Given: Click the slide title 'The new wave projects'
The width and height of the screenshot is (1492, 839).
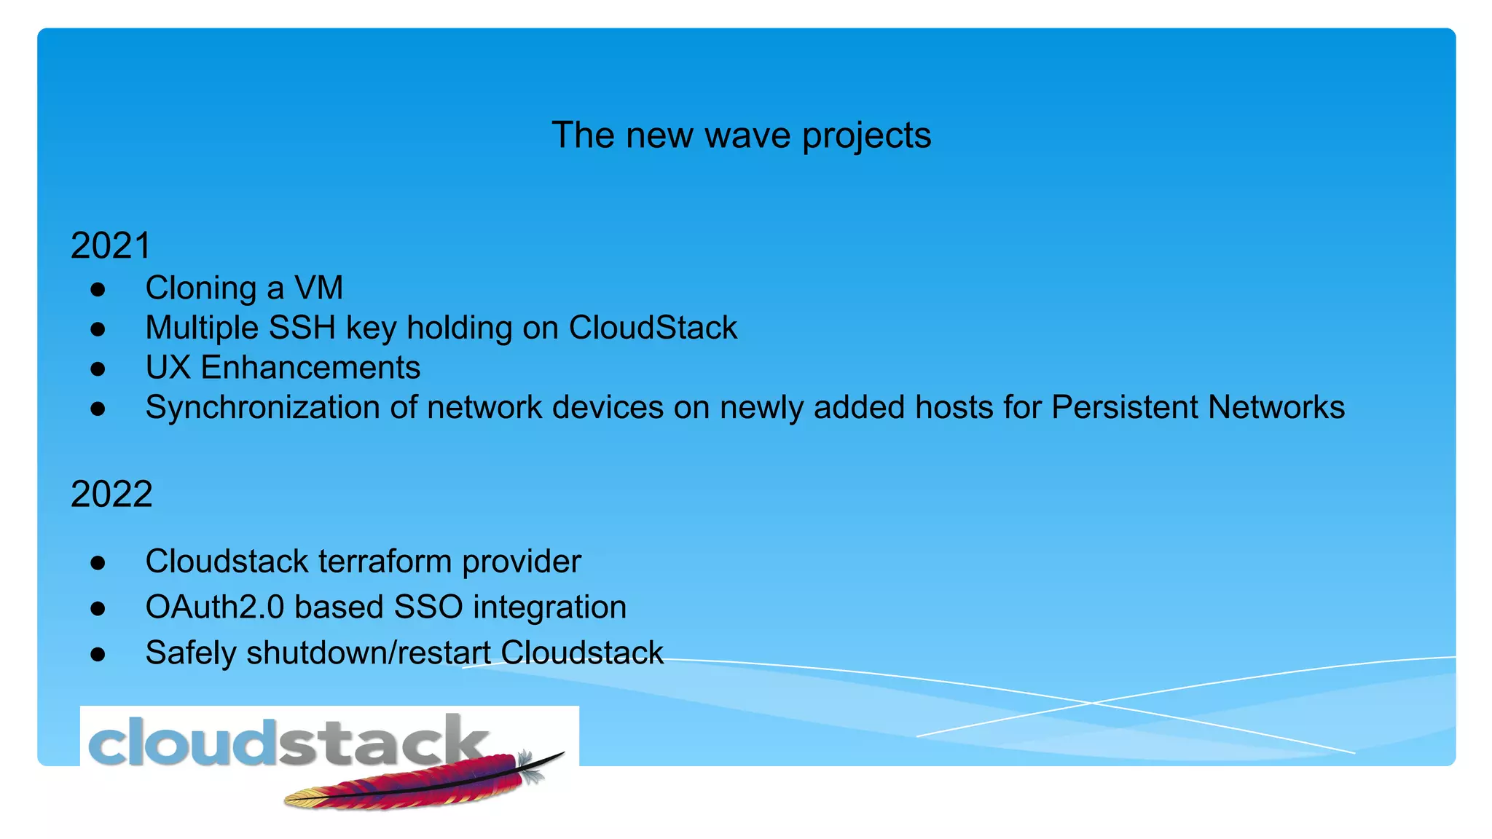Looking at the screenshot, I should (741, 135).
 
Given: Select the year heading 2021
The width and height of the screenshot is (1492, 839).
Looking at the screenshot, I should (111, 245).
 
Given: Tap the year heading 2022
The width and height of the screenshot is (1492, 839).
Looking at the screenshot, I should (111, 494).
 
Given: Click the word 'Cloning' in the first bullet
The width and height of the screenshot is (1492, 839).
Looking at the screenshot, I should (201, 288).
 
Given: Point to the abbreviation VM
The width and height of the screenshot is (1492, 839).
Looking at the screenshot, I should (318, 288).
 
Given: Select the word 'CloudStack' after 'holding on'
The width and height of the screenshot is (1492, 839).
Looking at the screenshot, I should (653, 328).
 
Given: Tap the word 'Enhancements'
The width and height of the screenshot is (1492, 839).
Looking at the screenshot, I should (310, 368).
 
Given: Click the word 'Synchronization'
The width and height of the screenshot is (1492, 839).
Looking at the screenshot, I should (262, 408).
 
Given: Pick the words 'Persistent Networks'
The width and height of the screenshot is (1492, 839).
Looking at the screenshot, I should (1198, 407).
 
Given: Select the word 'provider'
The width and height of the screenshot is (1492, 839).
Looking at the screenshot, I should (522, 562).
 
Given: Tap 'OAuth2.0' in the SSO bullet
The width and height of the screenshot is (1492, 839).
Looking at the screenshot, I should (215, 607).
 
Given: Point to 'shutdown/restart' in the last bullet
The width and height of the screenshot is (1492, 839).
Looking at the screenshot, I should (369, 653).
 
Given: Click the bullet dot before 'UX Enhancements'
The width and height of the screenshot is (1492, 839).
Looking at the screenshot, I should (98, 369).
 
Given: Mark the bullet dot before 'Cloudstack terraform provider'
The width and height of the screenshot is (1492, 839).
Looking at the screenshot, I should (98, 562).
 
